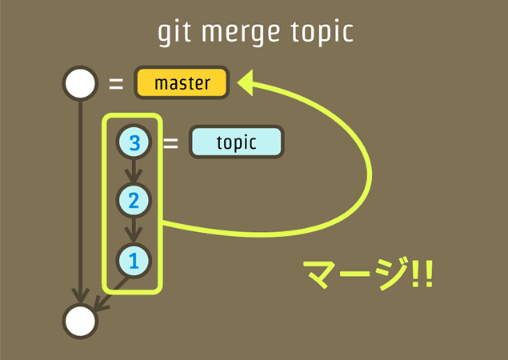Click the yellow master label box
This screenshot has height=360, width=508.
coord(182,83)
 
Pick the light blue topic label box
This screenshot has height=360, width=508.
coord(236,142)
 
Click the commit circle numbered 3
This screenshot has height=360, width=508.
coord(134,142)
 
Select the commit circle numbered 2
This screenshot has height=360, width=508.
coord(134,199)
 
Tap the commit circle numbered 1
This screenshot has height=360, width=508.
coord(134,259)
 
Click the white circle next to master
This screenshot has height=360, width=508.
coord(79,83)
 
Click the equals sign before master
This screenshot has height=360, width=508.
coord(116,83)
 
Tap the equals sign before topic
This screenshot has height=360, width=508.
coord(170,143)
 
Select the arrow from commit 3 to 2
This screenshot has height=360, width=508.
coord(134,170)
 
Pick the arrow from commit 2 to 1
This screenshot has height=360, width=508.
coord(134,230)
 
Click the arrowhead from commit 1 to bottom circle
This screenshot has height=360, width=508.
coord(99,303)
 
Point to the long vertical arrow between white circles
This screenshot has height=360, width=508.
coord(79,200)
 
